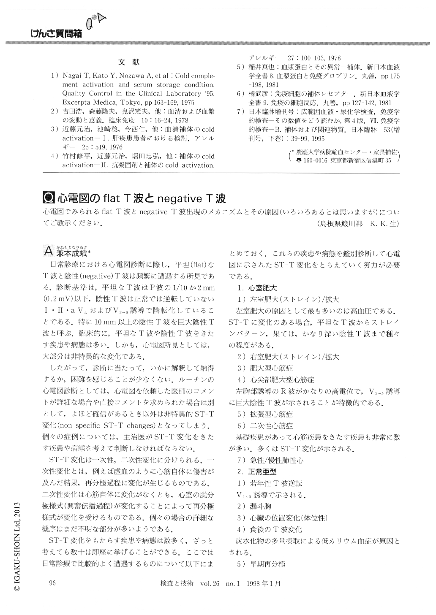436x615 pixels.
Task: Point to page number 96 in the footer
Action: pyautogui.click(x=53, y=583)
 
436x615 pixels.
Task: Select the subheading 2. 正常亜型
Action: pyautogui.click(x=257, y=471)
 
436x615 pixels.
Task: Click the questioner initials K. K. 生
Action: pyautogui.click(x=382, y=224)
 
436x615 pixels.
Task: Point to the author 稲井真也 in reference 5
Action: pyautogui.click(x=260, y=67)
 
